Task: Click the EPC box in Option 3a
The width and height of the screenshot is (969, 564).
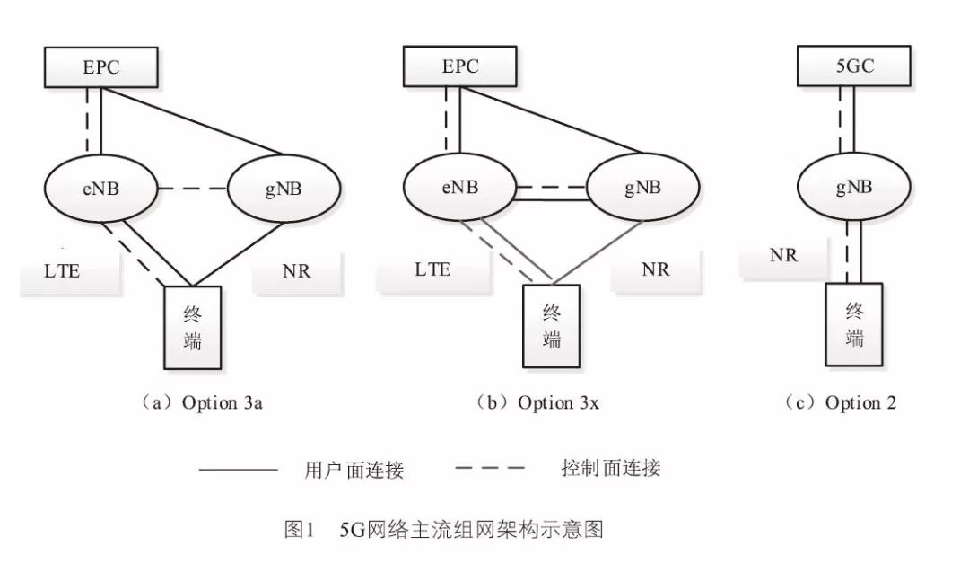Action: [x=100, y=68]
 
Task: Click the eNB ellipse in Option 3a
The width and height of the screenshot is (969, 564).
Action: [x=100, y=189]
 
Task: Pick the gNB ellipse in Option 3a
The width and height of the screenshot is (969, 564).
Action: [x=284, y=189]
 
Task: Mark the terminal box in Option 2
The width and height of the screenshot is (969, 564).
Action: [x=855, y=325]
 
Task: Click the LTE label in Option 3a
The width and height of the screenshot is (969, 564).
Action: [x=62, y=270]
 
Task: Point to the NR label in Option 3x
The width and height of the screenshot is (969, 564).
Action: [x=656, y=269]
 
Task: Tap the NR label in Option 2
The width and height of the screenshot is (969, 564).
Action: [x=783, y=255]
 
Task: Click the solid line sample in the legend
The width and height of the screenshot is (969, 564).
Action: [x=237, y=469]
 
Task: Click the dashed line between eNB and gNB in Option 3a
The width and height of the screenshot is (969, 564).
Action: [x=193, y=189]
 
